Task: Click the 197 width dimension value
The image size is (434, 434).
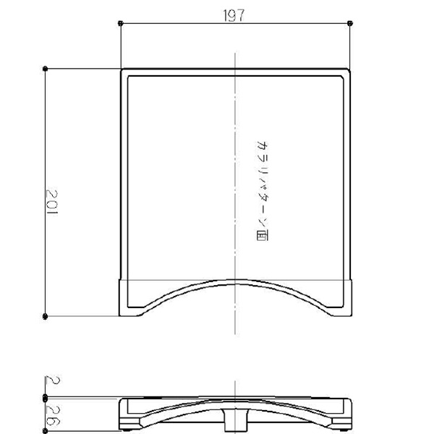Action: click(234, 15)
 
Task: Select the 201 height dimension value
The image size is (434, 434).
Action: click(52, 202)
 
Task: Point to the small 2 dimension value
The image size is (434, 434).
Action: click(53, 380)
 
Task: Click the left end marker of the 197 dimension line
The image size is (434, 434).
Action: click(120, 23)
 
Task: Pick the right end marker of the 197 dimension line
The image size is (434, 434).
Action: click(350, 23)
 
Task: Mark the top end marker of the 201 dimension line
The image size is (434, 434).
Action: click(46, 69)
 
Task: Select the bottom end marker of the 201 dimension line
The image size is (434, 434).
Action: click(46, 316)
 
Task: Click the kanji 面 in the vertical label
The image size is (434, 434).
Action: click(262, 236)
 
